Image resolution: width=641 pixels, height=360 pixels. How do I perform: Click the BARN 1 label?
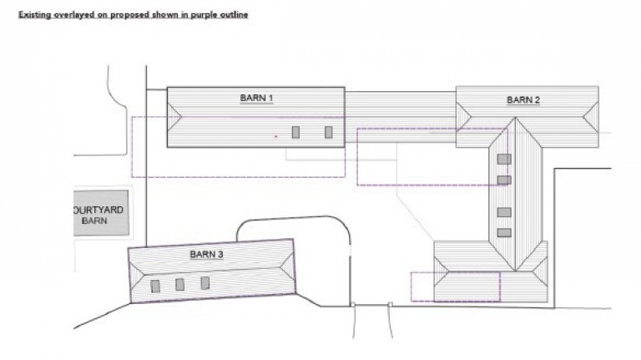coord(256,99)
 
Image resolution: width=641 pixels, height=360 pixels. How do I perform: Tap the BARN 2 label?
coord(523,100)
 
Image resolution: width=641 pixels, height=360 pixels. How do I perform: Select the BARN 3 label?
coord(206,255)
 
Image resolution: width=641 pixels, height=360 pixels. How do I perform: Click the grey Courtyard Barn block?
coord(101,213)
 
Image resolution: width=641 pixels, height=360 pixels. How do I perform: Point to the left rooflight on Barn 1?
coord(295,132)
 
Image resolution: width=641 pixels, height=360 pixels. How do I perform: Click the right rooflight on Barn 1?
coord(328,132)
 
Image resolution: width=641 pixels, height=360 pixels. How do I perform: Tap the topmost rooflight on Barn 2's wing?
coord(504,160)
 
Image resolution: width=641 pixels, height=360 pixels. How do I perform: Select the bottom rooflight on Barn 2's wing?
coord(504,233)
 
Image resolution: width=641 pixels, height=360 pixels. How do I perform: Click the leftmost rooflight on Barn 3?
coord(155,286)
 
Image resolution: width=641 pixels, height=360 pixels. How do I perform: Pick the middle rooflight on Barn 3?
coord(179,284)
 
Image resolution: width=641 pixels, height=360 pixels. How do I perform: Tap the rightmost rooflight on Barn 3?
coord(204,282)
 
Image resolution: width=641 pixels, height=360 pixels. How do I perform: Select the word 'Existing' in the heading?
coord(35,15)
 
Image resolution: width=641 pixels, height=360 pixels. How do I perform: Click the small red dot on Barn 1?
coord(276,136)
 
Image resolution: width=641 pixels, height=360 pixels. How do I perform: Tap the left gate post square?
coord(353,304)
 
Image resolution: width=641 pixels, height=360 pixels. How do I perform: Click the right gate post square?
coord(390,304)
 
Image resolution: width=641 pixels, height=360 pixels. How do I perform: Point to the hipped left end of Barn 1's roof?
coord(173,117)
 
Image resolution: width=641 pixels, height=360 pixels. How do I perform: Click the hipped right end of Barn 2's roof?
coord(591,117)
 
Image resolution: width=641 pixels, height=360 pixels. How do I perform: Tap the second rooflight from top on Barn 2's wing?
coord(504,180)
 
